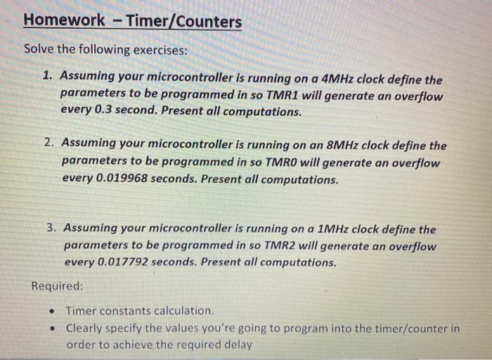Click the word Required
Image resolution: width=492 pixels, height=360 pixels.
coord(57,286)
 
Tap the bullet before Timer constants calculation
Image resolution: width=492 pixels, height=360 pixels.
coord(52,311)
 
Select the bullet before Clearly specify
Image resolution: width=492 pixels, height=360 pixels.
coord(52,328)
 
